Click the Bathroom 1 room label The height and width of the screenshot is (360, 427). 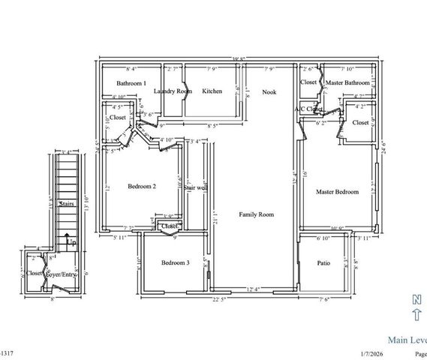[131, 83]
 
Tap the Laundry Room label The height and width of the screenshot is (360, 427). [173, 91]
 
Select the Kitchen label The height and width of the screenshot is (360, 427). [212, 91]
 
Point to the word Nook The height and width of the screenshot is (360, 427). [269, 91]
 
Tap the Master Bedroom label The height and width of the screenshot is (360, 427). [337, 192]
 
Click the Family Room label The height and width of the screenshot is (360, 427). [256, 214]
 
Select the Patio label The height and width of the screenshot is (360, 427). [323, 263]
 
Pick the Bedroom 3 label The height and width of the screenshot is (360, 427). [176, 262]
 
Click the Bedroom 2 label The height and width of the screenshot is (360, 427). [141, 186]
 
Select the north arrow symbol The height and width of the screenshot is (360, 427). [417, 315]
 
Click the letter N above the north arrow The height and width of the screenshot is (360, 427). [417, 299]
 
